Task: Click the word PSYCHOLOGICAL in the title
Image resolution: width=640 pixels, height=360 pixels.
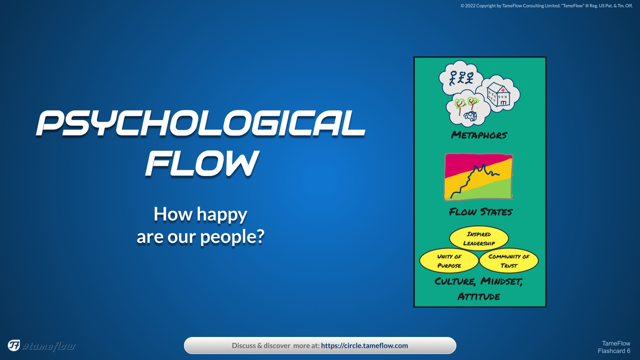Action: (201, 123)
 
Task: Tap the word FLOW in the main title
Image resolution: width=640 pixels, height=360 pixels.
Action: (202, 163)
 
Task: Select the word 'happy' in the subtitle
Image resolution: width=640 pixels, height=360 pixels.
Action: (222, 215)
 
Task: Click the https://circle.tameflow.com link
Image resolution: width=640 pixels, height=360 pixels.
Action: (364, 346)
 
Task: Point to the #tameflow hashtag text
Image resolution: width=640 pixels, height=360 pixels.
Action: (49, 346)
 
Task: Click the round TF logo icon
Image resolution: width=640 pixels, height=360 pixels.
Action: (14, 345)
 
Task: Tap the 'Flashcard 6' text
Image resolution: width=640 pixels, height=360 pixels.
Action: (614, 351)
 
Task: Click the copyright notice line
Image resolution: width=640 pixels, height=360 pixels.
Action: (546, 6)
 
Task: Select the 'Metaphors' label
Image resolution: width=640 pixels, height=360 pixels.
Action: (479, 135)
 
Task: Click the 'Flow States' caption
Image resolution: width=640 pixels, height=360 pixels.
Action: (481, 212)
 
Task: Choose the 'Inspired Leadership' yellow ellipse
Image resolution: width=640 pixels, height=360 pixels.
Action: (479, 238)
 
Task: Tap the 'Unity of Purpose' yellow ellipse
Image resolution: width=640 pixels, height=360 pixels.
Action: (449, 261)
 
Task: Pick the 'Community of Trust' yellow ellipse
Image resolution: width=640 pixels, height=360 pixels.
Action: (509, 261)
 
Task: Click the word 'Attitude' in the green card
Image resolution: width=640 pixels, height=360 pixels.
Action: (479, 297)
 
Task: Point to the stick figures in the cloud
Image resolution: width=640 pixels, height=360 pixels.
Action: (461, 78)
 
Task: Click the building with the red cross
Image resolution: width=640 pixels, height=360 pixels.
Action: (498, 94)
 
